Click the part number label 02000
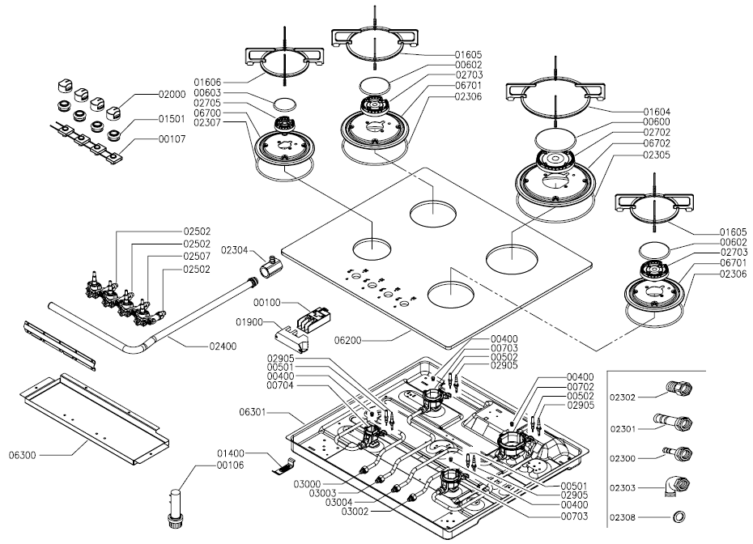click(x=172, y=95)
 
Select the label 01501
click(x=172, y=118)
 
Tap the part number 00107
click(x=172, y=139)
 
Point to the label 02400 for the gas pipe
click(x=223, y=346)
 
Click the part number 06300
click(x=22, y=455)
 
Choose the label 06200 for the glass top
click(x=348, y=341)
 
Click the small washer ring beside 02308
click(x=679, y=517)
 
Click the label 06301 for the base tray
click(x=253, y=412)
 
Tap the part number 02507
click(x=197, y=257)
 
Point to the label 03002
click(x=355, y=512)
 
